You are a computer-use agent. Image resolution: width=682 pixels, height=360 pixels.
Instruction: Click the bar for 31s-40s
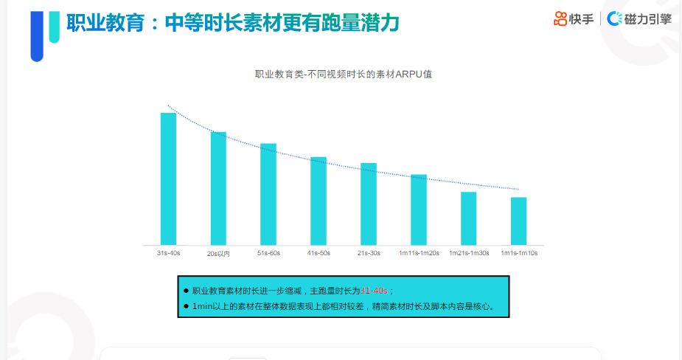(168, 179)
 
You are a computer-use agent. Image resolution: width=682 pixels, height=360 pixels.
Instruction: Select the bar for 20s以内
(218, 188)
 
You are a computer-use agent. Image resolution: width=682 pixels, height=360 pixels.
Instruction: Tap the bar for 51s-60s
(268, 194)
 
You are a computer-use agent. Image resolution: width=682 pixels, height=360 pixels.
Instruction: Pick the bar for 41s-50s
(319, 201)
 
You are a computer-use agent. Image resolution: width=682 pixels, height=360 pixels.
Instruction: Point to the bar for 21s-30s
(369, 204)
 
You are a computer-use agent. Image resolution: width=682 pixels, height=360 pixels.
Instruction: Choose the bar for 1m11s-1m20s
(419, 210)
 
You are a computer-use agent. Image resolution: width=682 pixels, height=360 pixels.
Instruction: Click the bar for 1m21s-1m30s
(469, 218)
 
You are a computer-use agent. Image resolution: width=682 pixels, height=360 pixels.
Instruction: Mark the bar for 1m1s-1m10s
(519, 221)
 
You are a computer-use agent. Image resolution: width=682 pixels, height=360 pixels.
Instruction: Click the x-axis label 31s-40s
(168, 253)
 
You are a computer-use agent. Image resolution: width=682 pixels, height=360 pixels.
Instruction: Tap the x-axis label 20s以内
(218, 254)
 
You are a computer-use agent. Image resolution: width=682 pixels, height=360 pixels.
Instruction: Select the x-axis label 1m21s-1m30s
(469, 253)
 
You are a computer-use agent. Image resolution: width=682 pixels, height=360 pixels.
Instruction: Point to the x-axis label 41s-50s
(319, 253)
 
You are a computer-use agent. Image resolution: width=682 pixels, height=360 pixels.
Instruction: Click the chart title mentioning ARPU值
(343, 74)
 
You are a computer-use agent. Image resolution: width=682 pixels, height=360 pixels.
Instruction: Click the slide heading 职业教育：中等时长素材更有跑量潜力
(233, 24)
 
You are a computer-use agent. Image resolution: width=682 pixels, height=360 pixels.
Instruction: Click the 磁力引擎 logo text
(647, 19)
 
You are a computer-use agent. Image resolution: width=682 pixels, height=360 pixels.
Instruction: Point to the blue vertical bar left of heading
(37, 33)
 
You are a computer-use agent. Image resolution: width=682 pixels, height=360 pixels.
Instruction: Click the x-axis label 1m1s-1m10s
(519, 253)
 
